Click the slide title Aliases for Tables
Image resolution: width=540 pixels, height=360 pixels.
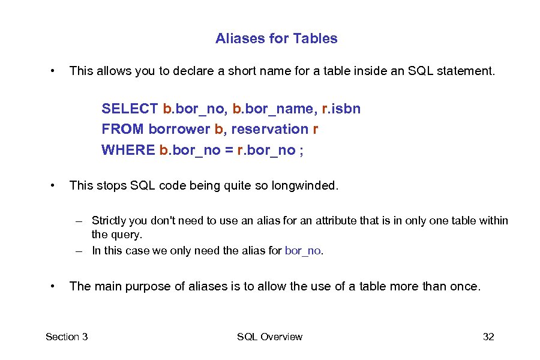click(x=276, y=38)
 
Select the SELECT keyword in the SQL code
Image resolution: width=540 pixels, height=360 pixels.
click(x=130, y=109)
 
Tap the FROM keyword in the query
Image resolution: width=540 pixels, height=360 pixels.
click(x=122, y=129)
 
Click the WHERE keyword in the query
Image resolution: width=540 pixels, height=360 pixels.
click(x=128, y=149)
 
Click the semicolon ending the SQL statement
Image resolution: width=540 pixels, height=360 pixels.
click(x=301, y=149)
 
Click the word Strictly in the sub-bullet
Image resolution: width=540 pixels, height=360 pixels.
click(x=110, y=221)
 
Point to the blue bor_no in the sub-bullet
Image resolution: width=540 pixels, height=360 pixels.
click(x=304, y=251)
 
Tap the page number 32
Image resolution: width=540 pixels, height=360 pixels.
click(x=488, y=337)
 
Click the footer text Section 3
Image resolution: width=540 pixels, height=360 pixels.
click(x=67, y=337)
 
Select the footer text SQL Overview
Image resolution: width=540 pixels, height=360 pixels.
click(x=269, y=337)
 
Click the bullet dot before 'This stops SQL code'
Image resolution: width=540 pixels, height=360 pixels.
click(x=54, y=185)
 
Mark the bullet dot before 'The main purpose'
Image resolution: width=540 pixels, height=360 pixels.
click(x=54, y=286)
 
